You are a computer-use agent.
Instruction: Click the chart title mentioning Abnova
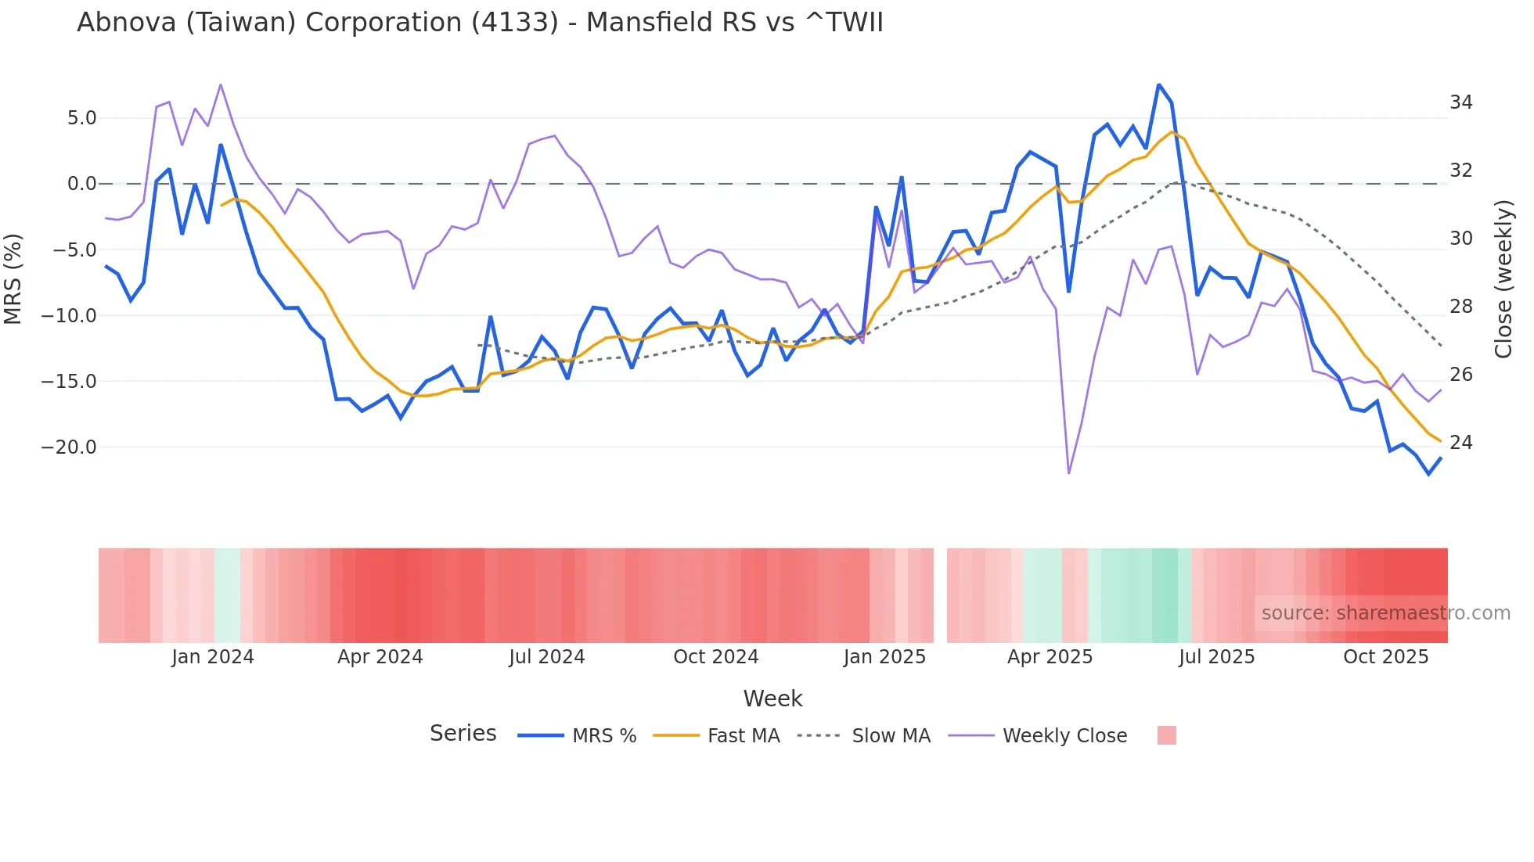480,23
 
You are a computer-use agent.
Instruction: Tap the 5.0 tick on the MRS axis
81,118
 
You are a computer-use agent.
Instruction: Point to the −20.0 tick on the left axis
69,447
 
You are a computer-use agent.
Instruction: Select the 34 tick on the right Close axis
1460,102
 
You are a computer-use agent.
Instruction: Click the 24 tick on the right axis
1460,443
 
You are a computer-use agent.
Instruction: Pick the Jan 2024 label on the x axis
213,657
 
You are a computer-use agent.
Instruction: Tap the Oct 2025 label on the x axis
1385,657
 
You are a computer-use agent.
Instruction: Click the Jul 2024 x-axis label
546,657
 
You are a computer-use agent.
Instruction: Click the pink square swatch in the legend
1166,735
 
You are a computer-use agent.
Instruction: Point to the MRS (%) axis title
13,279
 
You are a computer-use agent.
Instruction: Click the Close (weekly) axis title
1503,279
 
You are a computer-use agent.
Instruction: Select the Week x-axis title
772,699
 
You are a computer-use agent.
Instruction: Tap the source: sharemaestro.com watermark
1385,613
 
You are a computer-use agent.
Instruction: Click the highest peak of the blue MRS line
1158,84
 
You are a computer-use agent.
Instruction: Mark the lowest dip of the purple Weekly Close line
1068,472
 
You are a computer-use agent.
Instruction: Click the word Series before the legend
463,734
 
